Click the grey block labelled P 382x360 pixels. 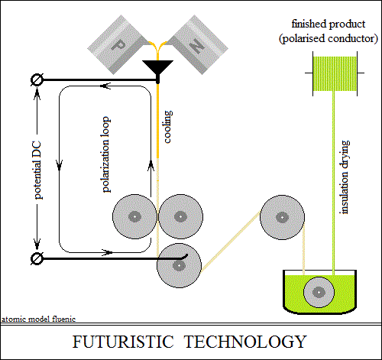[118, 44]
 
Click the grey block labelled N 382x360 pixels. [196, 44]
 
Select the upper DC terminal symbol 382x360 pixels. [37, 79]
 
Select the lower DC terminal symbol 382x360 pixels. [37, 258]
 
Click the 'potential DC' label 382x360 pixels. [37, 170]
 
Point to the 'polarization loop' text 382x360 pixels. [106, 154]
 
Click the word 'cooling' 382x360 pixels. [168, 127]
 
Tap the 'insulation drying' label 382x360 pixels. [345, 177]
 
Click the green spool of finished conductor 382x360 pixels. [335, 73]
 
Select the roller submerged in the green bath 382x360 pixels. [319, 292]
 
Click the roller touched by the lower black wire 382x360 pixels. [180, 265]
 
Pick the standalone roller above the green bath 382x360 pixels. [282, 217]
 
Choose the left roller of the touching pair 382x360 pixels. [134, 216]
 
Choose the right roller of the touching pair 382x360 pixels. [180, 216]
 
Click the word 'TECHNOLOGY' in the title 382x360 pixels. [245, 342]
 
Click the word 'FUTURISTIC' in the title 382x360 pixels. [123, 342]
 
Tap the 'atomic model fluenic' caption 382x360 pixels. [39, 319]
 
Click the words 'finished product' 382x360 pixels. [329, 24]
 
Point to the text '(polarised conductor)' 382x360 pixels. [329, 39]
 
